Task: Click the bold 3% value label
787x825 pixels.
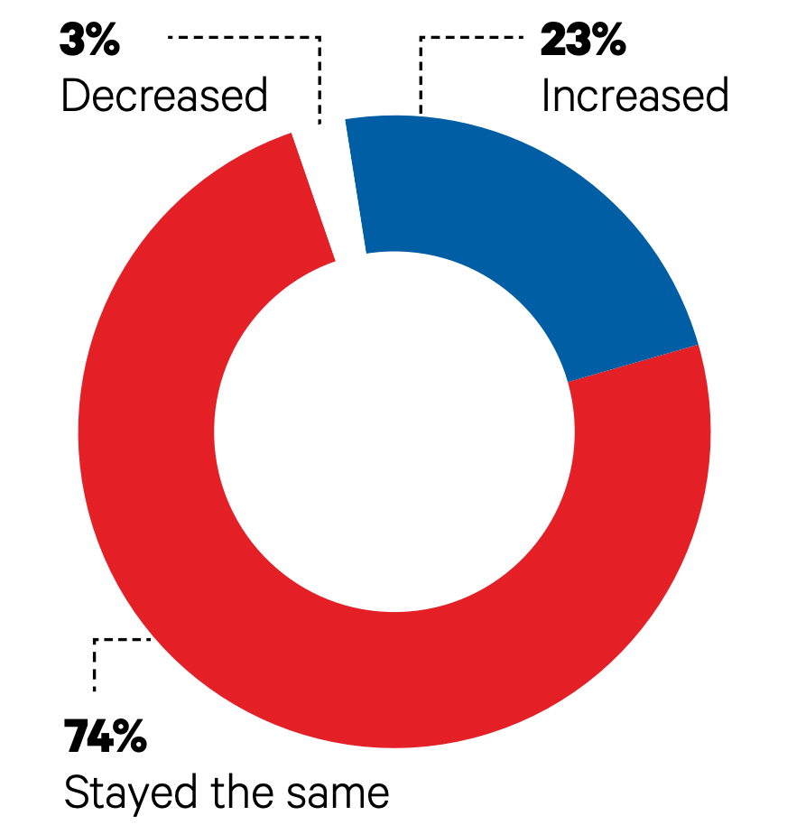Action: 89,42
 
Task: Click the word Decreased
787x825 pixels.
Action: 164,96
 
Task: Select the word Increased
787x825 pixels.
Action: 634,96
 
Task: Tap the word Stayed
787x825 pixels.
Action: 132,793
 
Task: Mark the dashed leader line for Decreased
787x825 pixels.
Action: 319,72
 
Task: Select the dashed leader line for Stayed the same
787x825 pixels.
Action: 96,663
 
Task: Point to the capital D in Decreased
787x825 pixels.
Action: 73,96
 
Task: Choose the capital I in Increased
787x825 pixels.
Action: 546,96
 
